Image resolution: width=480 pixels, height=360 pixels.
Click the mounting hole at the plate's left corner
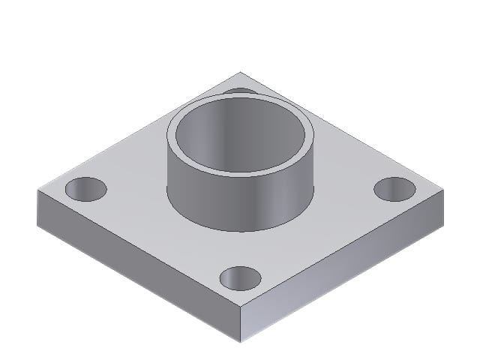[86, 188]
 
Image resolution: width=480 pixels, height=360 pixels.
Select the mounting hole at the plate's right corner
[394, 189]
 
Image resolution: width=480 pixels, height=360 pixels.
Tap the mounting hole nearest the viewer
[241, 277]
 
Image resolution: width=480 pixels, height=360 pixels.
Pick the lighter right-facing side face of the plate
[345, 262]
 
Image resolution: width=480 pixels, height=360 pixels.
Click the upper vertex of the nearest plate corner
[241, 308]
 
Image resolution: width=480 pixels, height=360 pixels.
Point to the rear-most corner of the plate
[241, 72]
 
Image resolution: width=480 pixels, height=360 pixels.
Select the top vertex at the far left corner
[37, 190]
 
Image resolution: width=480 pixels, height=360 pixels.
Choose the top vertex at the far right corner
[443, 190]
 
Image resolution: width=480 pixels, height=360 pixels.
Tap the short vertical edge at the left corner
[37, 206]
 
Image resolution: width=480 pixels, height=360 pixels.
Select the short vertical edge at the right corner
[443, 206]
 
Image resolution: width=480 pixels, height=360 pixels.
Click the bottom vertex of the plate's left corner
[37, 223]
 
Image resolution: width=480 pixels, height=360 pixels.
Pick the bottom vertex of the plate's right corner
[443, 223]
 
